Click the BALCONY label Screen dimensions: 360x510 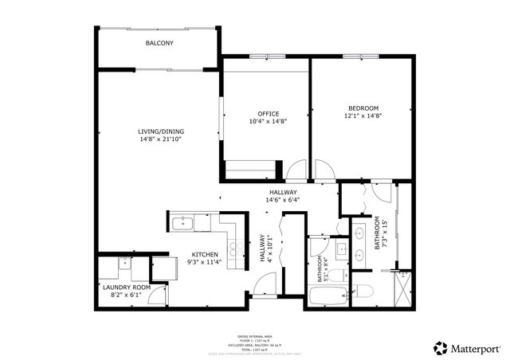[x=159, y=43]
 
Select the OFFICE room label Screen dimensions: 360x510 [x=268, y=113]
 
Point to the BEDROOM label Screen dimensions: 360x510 [x=363, y=108]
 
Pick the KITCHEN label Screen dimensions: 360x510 [x=204, y=254]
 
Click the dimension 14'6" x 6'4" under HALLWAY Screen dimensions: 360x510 [x=282, y=201]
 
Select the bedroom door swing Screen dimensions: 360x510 [x=323, y=169]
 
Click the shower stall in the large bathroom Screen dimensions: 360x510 [x=403, y=288]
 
